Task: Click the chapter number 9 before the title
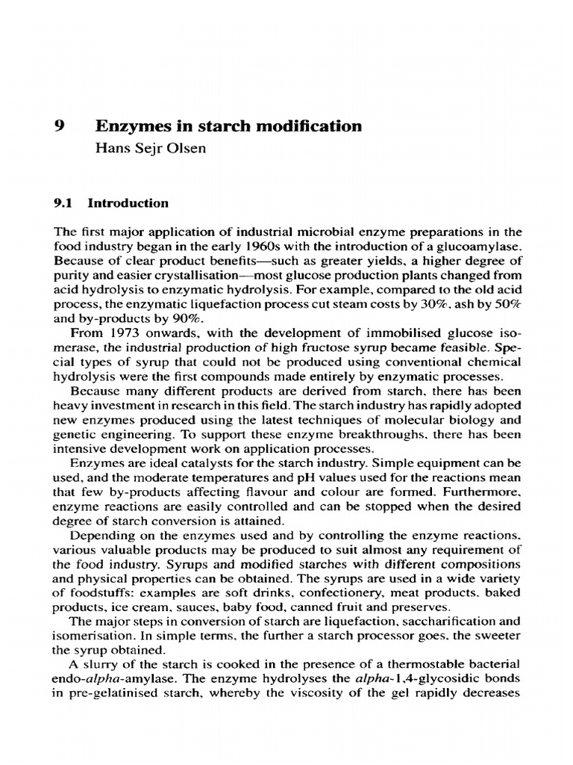(x=61, y=126)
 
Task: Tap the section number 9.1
(x=66, y=203)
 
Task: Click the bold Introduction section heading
(x=128, y=203)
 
